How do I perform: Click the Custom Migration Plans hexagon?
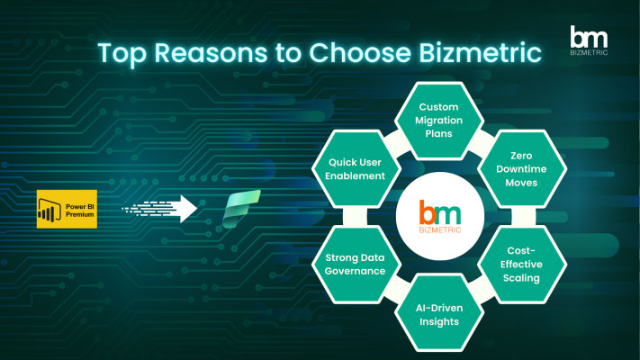click(438, 121)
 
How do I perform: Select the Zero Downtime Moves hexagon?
click(522, 169)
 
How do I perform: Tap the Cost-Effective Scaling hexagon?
click(522, 265)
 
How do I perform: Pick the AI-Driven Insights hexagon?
click(439, 313)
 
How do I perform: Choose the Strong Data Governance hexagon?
click(356, 265)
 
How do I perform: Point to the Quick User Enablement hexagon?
click(356, 169)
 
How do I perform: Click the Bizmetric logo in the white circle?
click(440, 216)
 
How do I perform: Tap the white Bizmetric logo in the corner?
click(589, 40)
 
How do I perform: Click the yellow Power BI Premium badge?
click(67, 209)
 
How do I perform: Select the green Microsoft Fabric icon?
click(241, 209)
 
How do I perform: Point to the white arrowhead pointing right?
click(188, 209)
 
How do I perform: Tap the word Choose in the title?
click(359, 53)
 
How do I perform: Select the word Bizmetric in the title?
click(480, 52)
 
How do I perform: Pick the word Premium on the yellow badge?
click(80, 214)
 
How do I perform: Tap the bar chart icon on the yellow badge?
click(50, 211)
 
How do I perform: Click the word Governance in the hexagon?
click(355, 271)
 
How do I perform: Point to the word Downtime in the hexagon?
click(521, 169)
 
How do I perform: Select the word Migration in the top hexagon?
click(438, 121)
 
